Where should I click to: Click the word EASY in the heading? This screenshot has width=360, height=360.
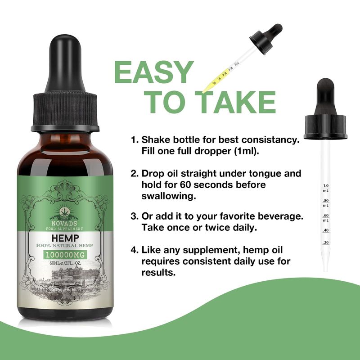[154, 72]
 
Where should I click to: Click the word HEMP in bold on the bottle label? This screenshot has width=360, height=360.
[65, 238]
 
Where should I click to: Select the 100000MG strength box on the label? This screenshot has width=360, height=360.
[65, 255]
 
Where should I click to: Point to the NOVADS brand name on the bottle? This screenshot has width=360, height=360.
[64, 223]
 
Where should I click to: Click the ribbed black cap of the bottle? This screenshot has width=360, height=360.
[65, 112]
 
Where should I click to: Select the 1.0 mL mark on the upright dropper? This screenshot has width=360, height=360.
[326, 188]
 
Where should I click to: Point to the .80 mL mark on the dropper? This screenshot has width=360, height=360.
[326, 203]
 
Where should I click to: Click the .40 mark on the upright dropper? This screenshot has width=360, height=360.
[326, 230]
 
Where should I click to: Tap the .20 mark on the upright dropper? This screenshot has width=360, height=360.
[326, 242]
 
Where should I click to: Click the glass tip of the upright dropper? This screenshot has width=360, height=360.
[325, 264]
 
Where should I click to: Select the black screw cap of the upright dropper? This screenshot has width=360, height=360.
[325, 127]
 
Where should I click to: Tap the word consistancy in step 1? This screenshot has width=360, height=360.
[270, 139]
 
